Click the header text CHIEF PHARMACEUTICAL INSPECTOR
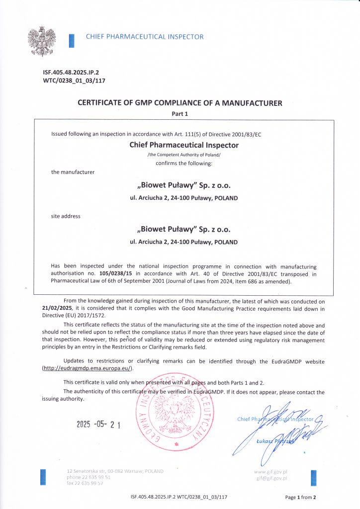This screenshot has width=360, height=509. pyautogui.click(x=145, y=37)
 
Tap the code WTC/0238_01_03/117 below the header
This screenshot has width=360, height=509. pyautogui.click(x=75, y=81)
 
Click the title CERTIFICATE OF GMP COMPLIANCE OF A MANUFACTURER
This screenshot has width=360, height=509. pyautogui.click(x=180, y=103)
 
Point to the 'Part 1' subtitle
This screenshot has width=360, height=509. pyautogui.click(x=180, y=114)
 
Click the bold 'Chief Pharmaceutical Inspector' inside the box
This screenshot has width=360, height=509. pyautogui.click(x=183, y=145)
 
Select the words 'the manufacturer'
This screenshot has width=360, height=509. pyautogui.click(x=73, y=172)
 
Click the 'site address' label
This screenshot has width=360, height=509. pyautogui.click(x=66, y=216)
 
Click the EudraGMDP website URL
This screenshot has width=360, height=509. pyautogui.click(x=88, y=368)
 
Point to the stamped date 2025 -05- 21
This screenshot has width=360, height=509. pyautogui.click(x=99, y=424)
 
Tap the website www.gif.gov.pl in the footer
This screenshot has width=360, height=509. pyautogui.click(x=270, y=471)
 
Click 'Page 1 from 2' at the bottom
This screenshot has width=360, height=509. pyautogui.click(x=300, y=497)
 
